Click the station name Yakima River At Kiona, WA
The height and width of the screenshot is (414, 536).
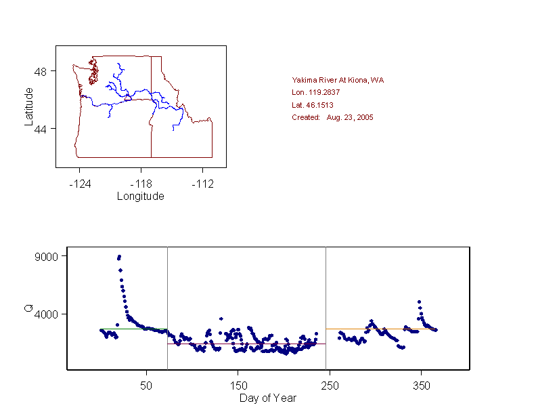pyautogui.click(x=338, y=80)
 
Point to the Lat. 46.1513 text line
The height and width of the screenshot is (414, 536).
pyautogui.click(x=312, y=105)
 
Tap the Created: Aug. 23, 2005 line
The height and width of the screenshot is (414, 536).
pyautogui.click(x=332, y=117)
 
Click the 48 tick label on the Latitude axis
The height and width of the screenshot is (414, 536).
pyautogui.click(x=41, y=71)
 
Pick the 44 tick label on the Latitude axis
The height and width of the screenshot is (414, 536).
pyautogui.click(x=41, y=129)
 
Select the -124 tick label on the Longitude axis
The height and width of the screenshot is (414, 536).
pyautogui.click(x=80, y=184)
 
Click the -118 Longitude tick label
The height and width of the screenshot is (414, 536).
pyautogui.click(x=141, y=184)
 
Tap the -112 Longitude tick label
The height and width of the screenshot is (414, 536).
pyautogui.click(x=203, y=184)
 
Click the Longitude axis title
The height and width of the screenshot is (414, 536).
pyautogui.click(x=141, y=196)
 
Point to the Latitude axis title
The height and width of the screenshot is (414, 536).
pyautogui.click(x=28, y=105)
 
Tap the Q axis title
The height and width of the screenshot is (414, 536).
pyautogui.click(x=28, y=309)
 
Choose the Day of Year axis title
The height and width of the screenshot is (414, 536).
pyautogui.click(x=268, y=398)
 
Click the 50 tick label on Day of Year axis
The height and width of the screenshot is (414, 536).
pyautogui.click(x=146, y=386)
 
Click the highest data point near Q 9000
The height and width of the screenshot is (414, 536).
pyautogui.click(x=119, y=256)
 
